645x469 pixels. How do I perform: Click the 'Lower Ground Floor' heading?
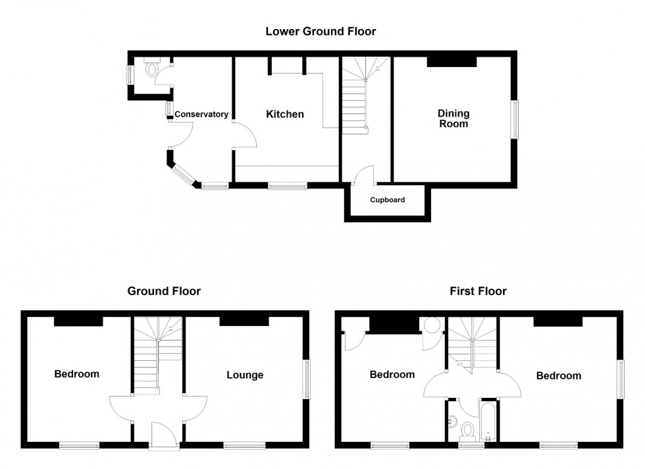pos(321,31)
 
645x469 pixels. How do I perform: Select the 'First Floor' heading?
pos(478,290)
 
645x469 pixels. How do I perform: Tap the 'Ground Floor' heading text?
pos(164,290)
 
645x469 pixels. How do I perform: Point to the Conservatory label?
pos(201,115)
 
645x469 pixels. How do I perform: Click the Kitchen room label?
pos(285,115)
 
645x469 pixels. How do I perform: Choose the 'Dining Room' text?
pos(453,119)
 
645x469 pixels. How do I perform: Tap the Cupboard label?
pos(387,200)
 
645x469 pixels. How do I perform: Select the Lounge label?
pos(245,375)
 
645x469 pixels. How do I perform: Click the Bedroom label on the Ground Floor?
pos(76,374)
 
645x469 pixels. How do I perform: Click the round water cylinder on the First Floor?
pos(432,325)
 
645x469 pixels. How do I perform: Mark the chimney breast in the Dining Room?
pos(451,62)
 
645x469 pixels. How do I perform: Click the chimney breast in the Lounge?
pos(244,321)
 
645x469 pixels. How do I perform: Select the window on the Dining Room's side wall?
pos(515,119)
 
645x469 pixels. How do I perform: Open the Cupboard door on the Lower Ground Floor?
pos(364,175)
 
